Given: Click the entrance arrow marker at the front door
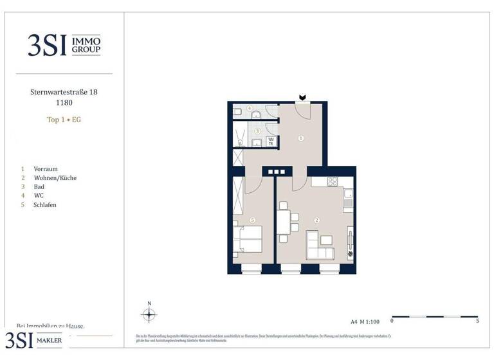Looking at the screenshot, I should tap(302, 98).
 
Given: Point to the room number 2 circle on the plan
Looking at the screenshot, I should tap(316, 220).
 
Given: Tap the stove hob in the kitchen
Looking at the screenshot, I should tap(334, 181).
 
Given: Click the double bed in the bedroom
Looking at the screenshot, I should tap(248, 240).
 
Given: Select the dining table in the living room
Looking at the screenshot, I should tap(283, 222).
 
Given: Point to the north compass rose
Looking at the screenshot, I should tap(149, 314).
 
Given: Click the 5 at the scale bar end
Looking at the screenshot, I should tap(477, 320).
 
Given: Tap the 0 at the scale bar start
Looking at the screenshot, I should tap(392, 320).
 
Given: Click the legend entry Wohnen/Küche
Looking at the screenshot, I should tap(55, 177).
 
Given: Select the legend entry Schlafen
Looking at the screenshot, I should tap(46, 204).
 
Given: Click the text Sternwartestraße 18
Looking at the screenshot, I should tap(64, 93).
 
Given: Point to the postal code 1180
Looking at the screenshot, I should tap(64, 102).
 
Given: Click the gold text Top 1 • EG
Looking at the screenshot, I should tap(64, 120).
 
